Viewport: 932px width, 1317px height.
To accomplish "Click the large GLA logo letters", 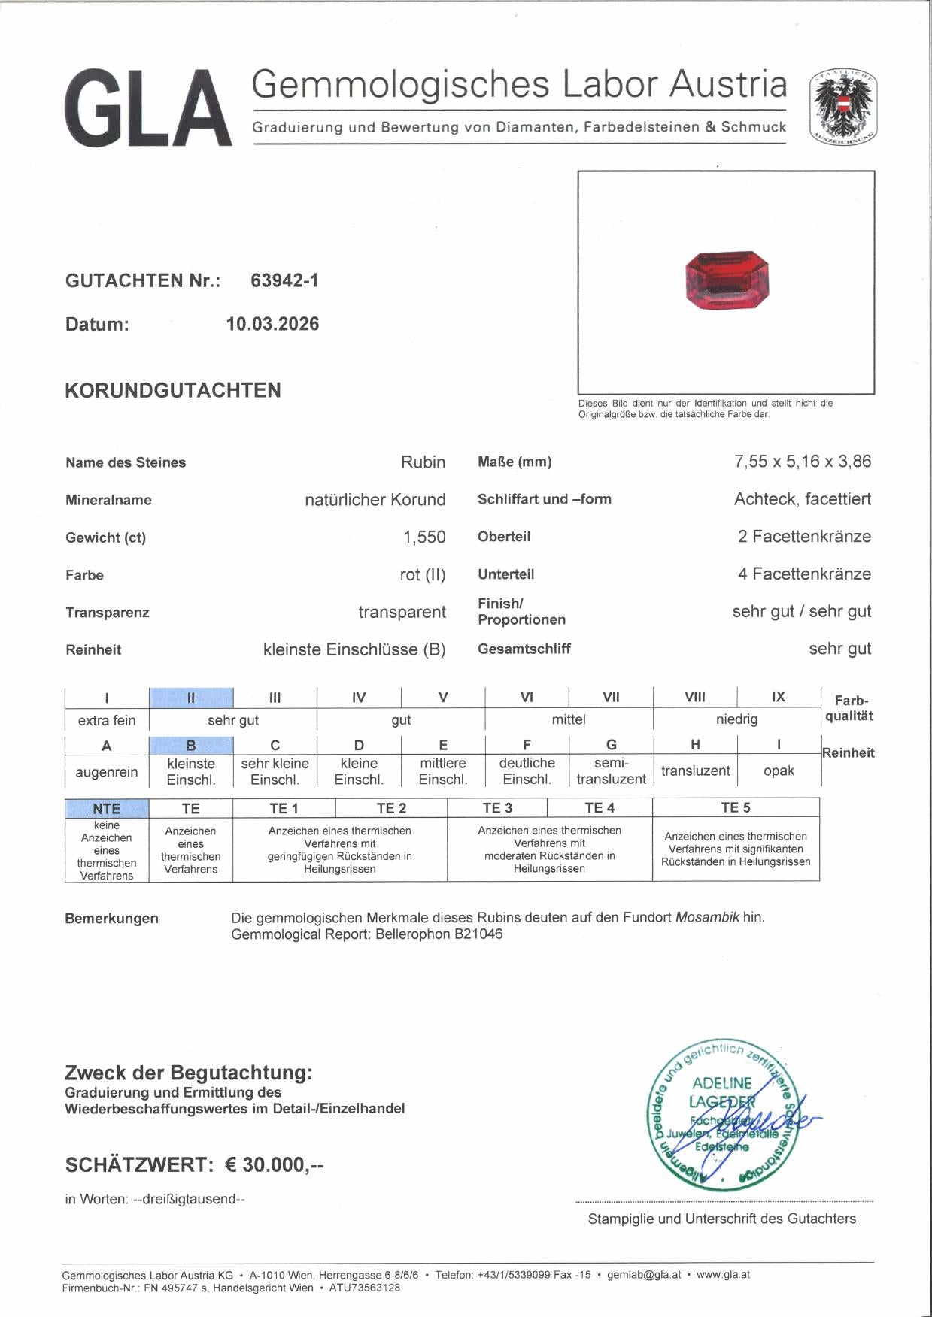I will (x=148, y=108).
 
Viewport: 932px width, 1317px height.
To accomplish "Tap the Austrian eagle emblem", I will (x=843, y=107).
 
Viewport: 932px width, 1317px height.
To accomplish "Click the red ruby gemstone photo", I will (x=727, y=280).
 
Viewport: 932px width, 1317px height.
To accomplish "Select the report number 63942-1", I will (x=284, y=280).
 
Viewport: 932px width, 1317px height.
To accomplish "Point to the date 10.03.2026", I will (x=272, y=324).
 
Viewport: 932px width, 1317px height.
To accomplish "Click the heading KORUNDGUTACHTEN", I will (x=173, y=390).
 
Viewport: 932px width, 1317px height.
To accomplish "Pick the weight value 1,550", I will (x=424, y=537).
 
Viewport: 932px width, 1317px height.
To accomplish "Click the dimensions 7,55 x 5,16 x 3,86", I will (x=802, y=462).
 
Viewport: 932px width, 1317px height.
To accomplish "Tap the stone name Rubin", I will (x=423, y=462).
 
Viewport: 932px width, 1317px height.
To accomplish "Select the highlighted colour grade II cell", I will (x=191, y=698).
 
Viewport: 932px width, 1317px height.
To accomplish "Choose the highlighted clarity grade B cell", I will (x=191, y=746).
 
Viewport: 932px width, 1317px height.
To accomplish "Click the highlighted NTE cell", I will (x=107, y=809).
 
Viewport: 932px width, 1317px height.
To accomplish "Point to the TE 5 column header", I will (x=736, y=808).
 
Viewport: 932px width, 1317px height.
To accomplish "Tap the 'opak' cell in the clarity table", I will (x=779, y=771).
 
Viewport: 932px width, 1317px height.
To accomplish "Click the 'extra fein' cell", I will (x=107, y=720).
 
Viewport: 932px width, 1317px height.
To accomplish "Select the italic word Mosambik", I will (x=707, y=917).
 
